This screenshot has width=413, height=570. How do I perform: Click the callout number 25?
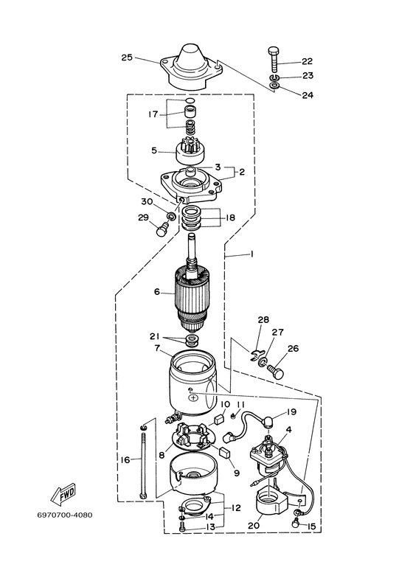click(x=127, y=58)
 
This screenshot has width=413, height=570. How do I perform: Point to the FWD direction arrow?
click(x=63, y=495)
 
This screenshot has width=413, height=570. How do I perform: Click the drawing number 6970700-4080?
click(x=65, y=515)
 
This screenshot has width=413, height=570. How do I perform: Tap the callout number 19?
click(x=291, y=412)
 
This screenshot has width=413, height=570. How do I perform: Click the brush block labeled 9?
click(x=226, y=453)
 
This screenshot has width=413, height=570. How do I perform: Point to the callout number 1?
click(x=252, y=254)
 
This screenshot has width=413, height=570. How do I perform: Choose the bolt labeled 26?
click(x=276, y=372)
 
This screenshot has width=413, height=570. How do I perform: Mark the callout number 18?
click(x=230, y=218)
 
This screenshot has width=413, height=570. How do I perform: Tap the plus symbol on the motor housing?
click(x=194, y=398)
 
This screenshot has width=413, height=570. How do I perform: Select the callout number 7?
click(x=157, y=348)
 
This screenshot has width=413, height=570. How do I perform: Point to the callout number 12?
click(x=236, y=508)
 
